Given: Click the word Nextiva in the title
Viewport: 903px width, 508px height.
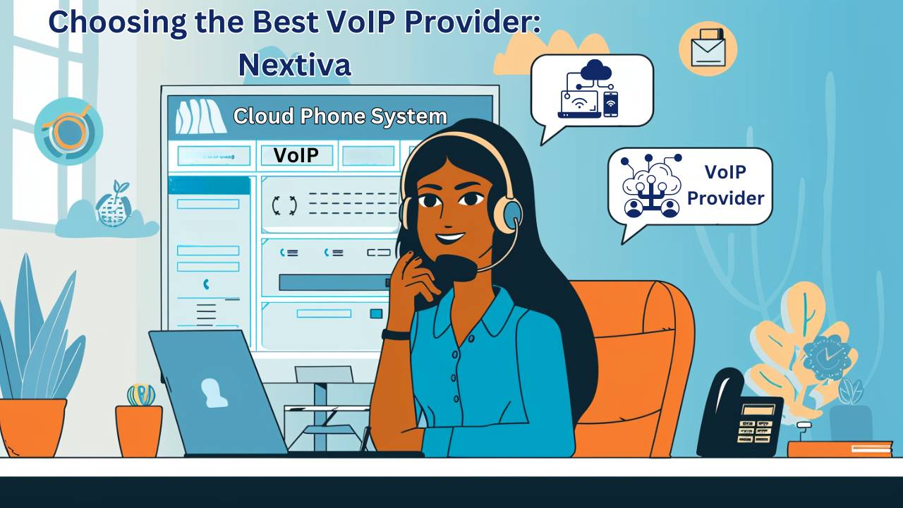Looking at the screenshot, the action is click(295, 64).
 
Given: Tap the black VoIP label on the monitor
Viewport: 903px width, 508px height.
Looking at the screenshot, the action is click(296, 155).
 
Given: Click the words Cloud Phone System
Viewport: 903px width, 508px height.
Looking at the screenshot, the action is click(340, 116).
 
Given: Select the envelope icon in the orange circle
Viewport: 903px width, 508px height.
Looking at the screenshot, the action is click(708, 48).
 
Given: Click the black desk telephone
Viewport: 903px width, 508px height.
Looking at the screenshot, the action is click(740, 416).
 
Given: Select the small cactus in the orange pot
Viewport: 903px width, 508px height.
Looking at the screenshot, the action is click(141, 394).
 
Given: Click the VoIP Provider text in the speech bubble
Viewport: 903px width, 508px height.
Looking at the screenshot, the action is click(726, 185).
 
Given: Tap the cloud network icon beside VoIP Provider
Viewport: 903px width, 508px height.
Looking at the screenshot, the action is click(650, 186).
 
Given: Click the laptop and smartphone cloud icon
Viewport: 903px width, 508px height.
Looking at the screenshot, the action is click(588, 89).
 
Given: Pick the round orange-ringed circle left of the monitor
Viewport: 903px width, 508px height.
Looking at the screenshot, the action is click(68, 131).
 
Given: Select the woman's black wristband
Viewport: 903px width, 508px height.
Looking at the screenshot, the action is click(396, 334).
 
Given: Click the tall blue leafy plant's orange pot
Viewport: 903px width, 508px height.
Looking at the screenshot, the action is click(33, 428).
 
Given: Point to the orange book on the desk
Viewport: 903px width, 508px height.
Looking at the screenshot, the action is click(840, 449).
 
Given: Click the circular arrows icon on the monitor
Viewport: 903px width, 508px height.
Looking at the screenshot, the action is click(284, 205).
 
